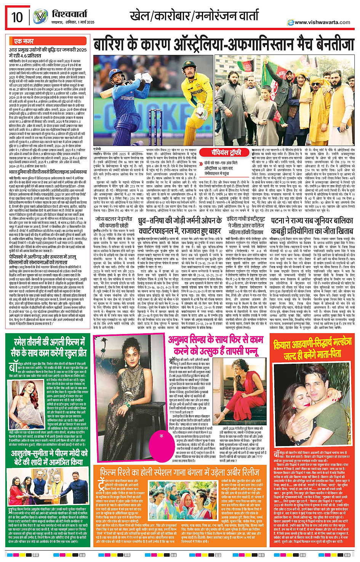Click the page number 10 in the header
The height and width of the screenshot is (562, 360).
click(x=17, y=17)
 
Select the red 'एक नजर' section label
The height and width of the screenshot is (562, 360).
click(x=24, y=41)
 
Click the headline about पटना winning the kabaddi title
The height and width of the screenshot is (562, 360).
click(x=312, y=225)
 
